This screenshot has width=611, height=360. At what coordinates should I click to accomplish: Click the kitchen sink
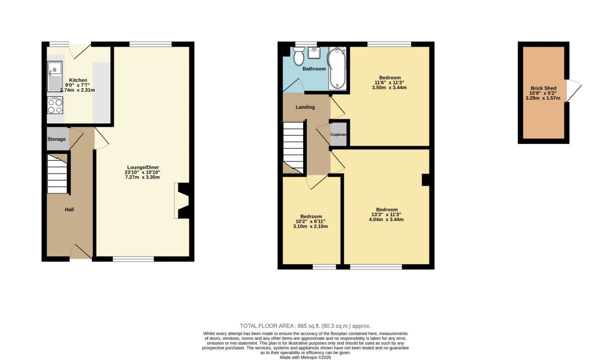click(x=55, y=76)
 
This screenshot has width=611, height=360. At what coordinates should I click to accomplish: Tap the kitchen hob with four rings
click(x=55, y=105)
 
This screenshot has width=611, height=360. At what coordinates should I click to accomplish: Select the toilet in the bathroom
click(x=299, y=56)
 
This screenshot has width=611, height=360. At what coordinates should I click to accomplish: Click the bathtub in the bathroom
click(x=337, y=68)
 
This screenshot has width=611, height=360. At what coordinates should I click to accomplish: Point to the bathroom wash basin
click(x=314, y=53)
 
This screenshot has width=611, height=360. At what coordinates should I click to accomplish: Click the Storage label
click(x=57, y=139)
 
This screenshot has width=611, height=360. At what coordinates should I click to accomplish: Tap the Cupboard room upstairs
click(x=339, y=134)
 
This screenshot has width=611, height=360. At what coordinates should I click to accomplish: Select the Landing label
click(x=305, y=107)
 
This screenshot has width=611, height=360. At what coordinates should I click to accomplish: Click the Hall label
click(x=69, y=209)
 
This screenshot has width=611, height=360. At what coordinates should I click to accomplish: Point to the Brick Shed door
click(x=574, y=91)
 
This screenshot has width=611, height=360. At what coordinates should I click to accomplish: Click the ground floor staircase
click(x=57, y=174)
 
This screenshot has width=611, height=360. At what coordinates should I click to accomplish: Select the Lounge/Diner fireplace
click(x=182, y=201)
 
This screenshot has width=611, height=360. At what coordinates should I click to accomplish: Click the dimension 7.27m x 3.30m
click(x=142, y=177)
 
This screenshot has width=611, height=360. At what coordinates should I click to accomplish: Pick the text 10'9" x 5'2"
click(x=543, y=93)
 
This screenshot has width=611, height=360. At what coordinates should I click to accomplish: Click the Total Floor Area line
click(x=305, y=326)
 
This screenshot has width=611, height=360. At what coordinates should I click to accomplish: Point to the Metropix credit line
click(x=305, y=357)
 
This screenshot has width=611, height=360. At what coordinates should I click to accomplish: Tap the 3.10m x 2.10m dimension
click(x=310, y=226)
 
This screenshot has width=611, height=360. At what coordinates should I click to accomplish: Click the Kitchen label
click(x=78, y=80)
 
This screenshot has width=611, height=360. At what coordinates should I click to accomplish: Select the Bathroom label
click(x=314, y=69)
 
